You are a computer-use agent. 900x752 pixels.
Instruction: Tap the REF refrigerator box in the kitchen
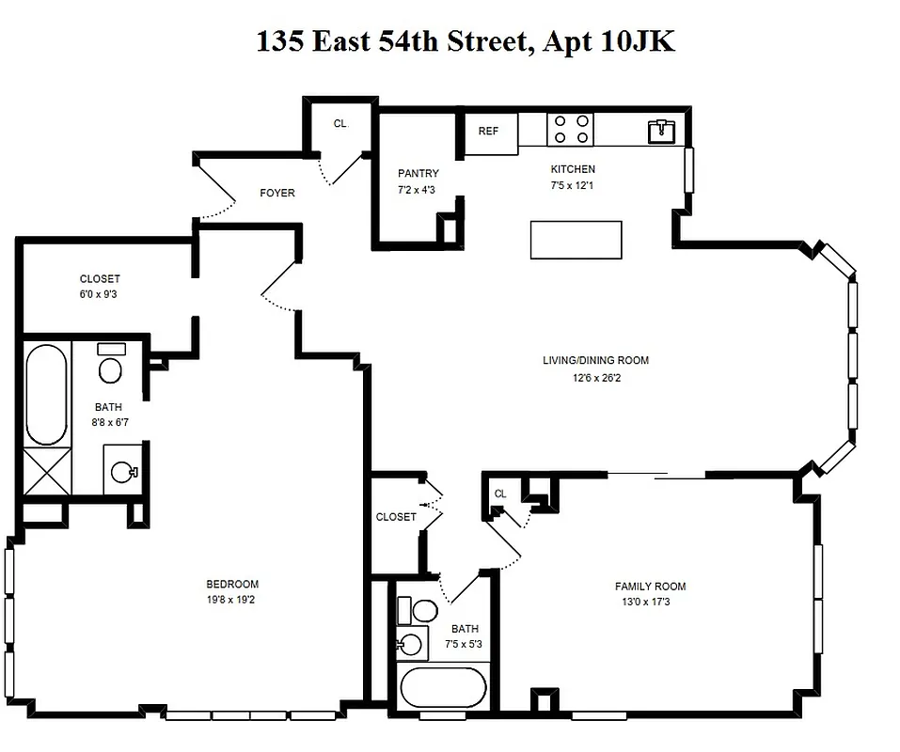[488, 133]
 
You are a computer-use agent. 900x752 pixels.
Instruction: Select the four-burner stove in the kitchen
[570, 129]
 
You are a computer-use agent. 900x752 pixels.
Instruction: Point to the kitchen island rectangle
[576, 240]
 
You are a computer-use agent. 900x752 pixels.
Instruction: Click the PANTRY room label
[418, 174]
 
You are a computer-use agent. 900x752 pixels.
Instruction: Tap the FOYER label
[277, 194]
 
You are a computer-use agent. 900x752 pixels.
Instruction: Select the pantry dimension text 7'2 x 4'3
[418, 190]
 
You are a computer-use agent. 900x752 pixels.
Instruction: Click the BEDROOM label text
[232, 584]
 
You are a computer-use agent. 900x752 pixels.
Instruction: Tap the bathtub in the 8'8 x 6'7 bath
[46, 395]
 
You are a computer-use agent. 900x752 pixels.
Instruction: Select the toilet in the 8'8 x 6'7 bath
[110, 365]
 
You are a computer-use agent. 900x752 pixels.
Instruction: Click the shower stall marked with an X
[46, 472]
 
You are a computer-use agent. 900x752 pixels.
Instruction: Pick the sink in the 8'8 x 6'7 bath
[123, 471]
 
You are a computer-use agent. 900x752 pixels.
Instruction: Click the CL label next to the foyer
[339, 124]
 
